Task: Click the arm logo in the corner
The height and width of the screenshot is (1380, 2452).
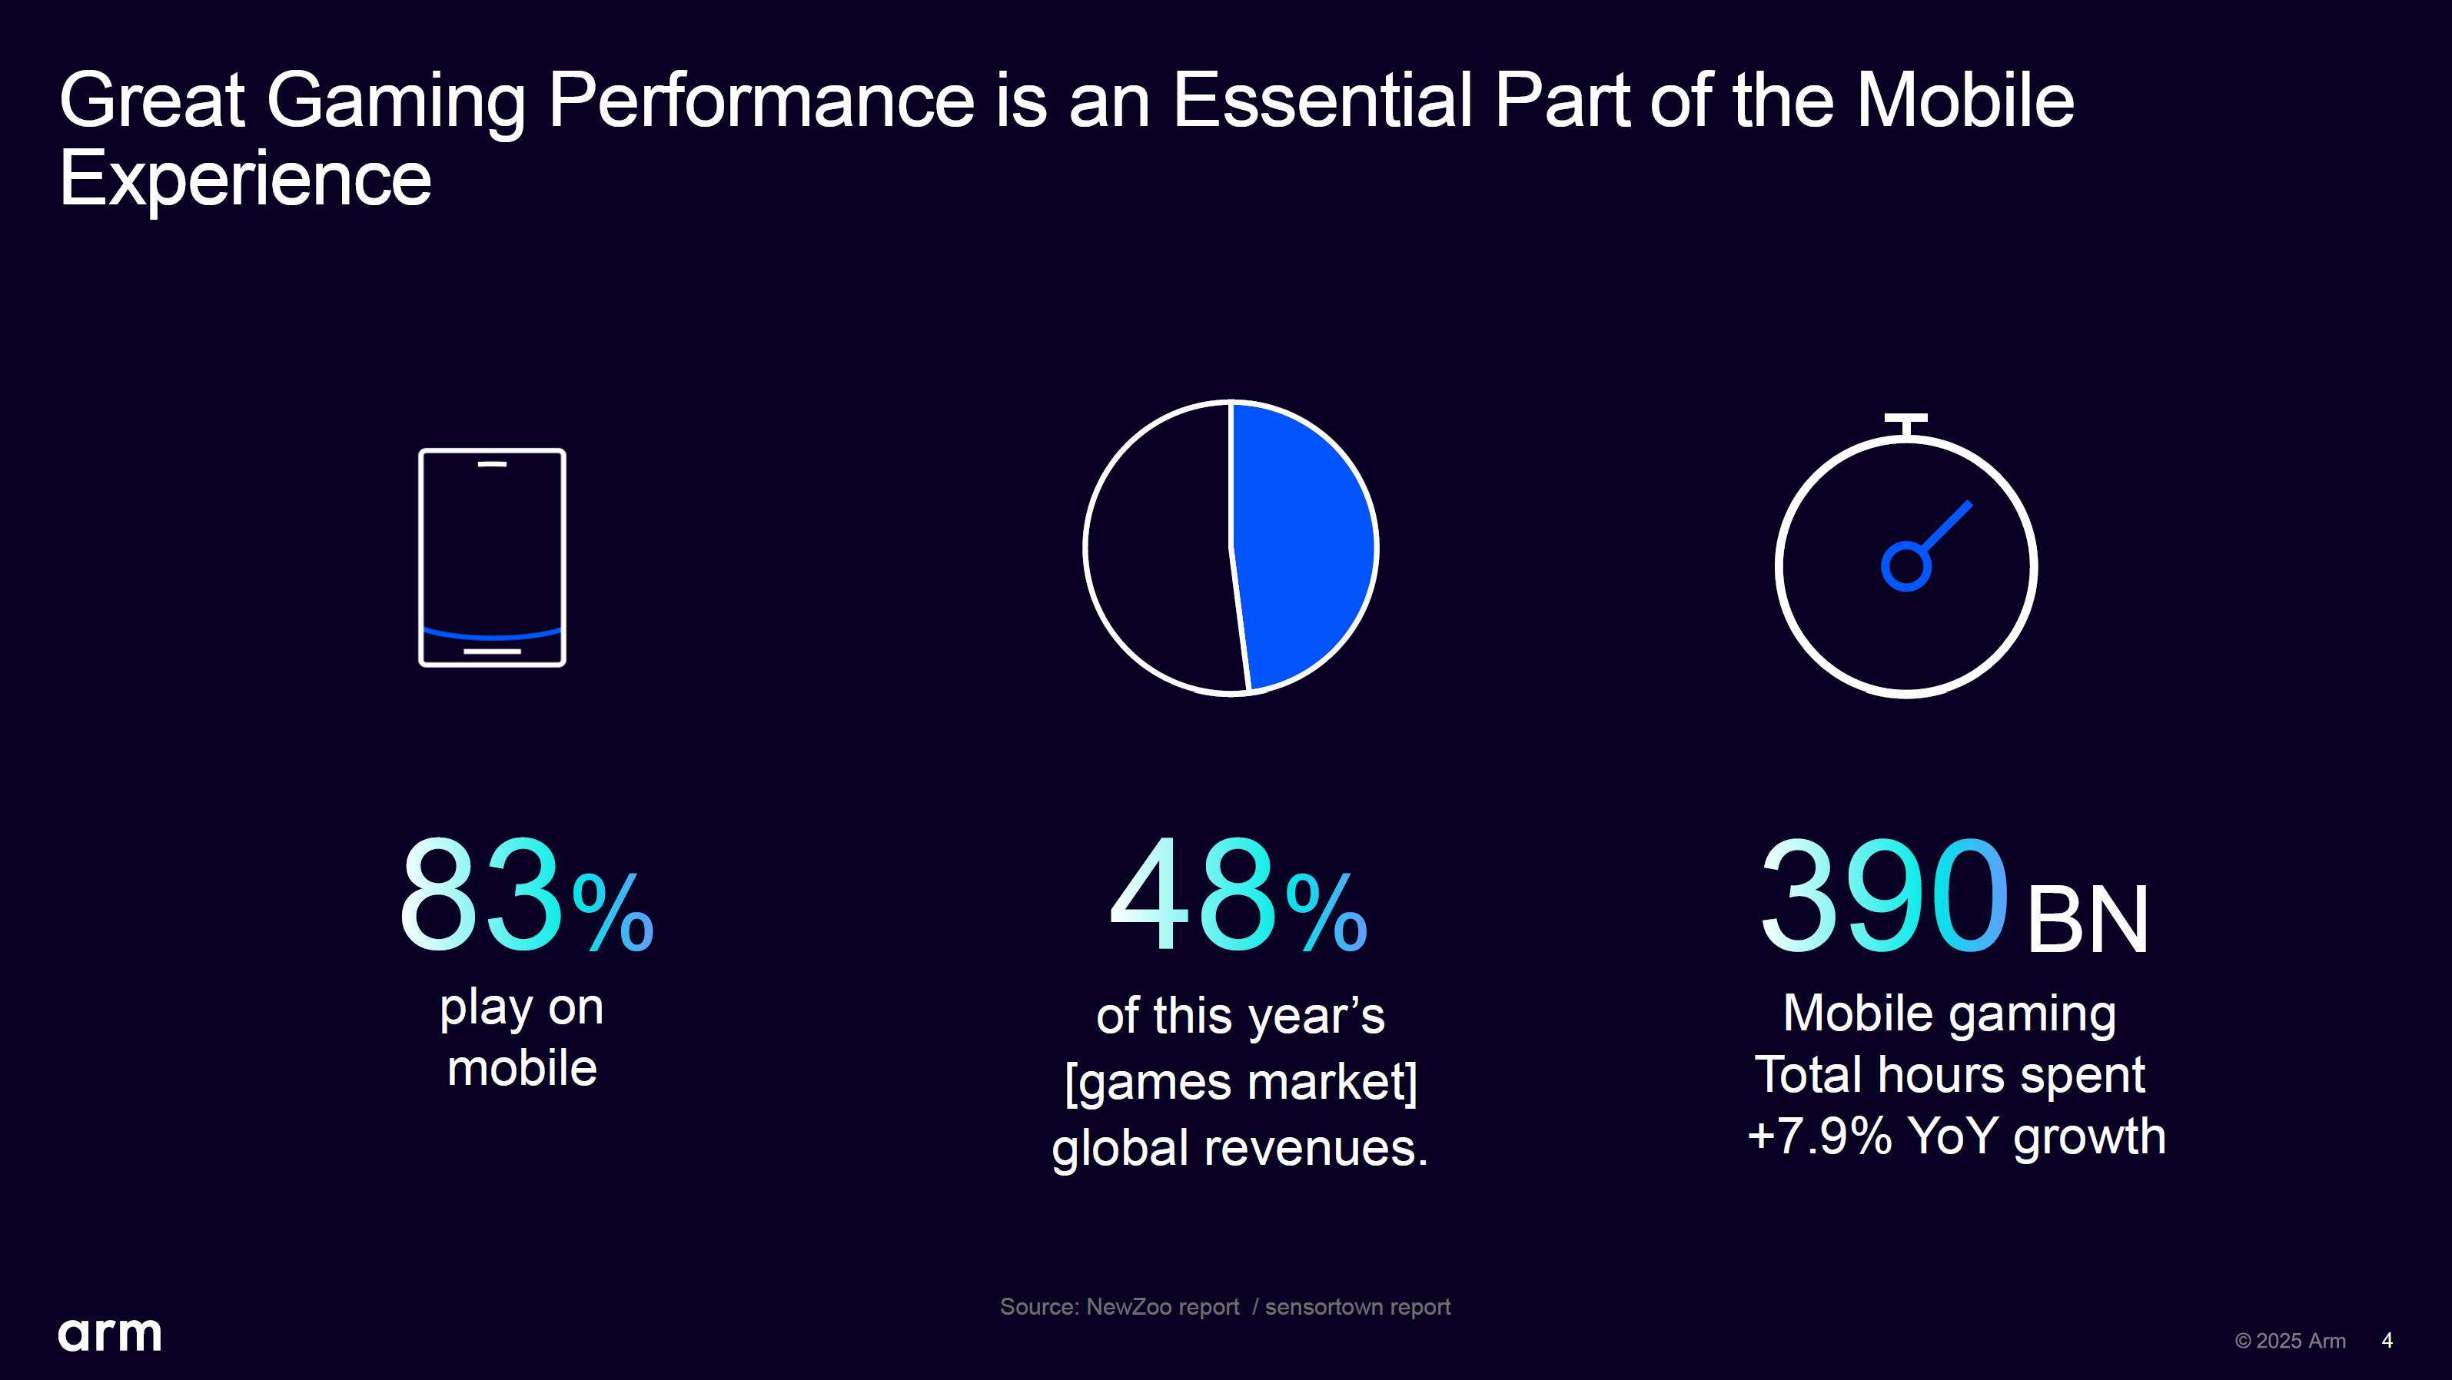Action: point(109,1335)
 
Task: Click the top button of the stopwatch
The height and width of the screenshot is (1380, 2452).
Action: point(1905,420)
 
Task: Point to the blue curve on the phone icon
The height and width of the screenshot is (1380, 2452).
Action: point(492,634)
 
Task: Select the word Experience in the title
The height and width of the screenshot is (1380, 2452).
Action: point(245,178)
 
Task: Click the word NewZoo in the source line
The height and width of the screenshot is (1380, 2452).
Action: point(1126,1307)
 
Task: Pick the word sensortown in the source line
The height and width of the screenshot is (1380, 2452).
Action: point(1321,1307)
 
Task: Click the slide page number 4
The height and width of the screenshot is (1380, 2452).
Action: point(2387,1340)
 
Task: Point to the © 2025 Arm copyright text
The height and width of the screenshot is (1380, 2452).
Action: point(2290,1340)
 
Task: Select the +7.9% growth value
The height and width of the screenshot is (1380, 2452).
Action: point(1819,1136)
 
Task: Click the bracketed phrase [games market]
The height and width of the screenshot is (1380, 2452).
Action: point(1241,1082)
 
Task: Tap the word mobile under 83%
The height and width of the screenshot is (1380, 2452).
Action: point(522,1068)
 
